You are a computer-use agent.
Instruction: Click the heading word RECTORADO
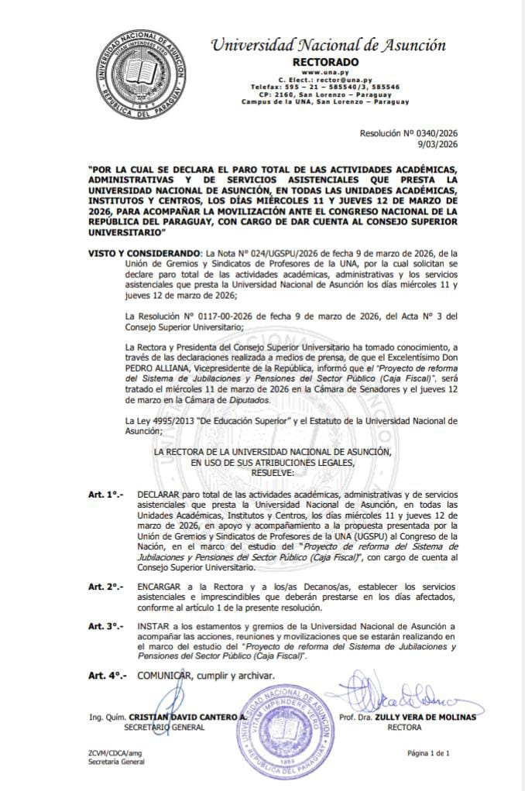tap(325, 62)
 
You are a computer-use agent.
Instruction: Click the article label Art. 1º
tap(105, 493)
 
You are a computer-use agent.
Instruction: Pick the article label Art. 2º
tap(105, 587)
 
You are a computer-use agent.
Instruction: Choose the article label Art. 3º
tap(105, 625)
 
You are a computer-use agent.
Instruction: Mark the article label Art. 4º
tap(107, 675)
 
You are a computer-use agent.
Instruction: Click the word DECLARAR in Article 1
tap(159, 493)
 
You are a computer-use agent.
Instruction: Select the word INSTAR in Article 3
tap(152, 625)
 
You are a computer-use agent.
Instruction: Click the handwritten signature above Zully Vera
tap(389, 694)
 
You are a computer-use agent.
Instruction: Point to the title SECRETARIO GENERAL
tap(163, 728)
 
